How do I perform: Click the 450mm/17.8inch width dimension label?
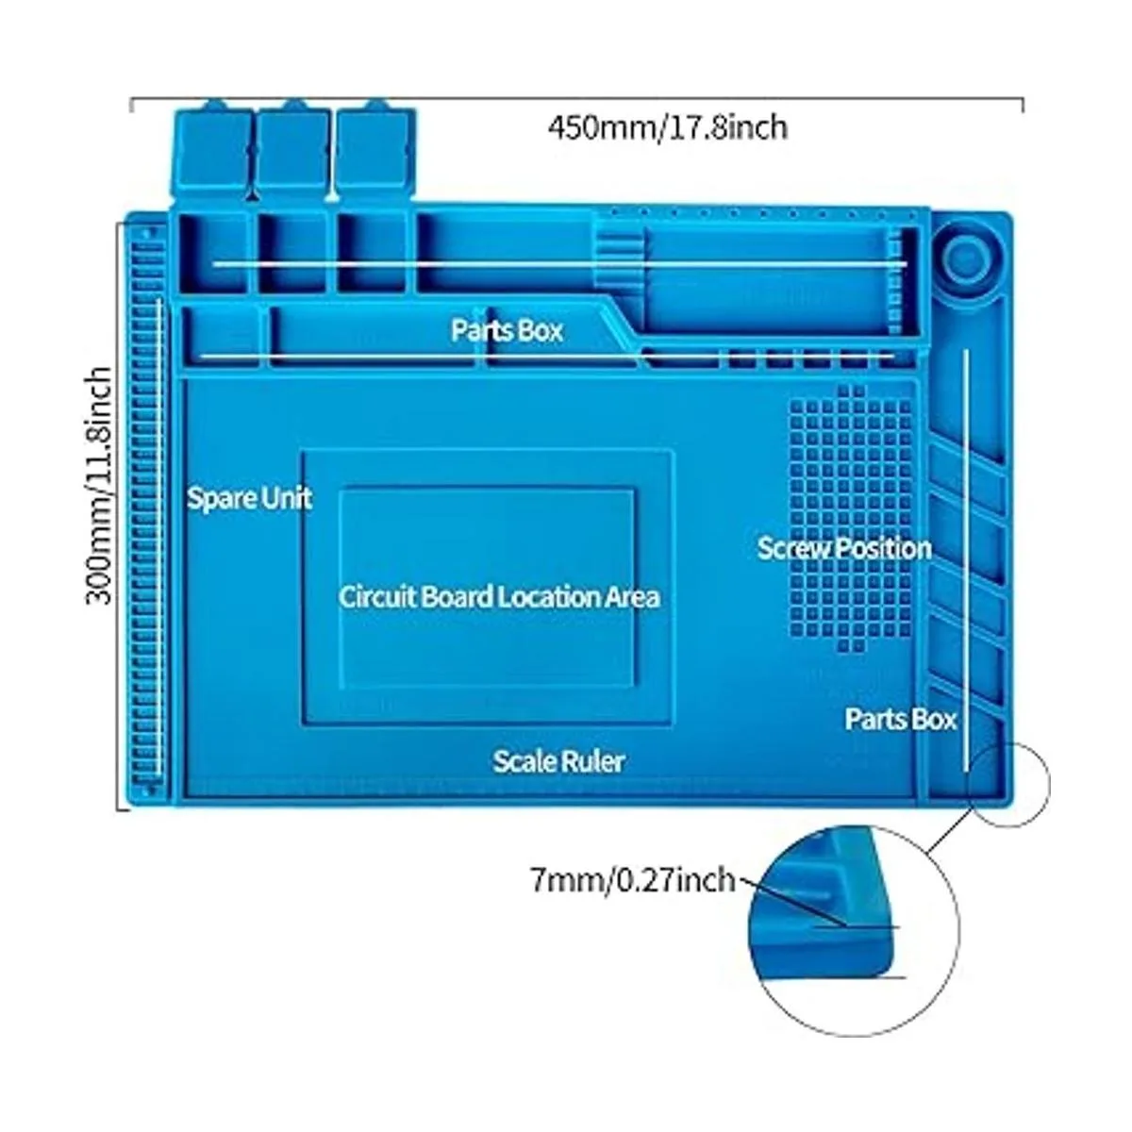coord(667,126)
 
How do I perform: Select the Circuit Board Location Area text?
coord(499,596)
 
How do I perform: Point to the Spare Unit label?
coord(249,497)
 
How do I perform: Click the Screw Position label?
coord(844,548)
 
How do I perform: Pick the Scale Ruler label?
coord(558,760)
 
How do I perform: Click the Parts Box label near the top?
coord(507,330)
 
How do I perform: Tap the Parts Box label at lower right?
coord(900,719)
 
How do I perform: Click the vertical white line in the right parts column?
coord(965,566)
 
